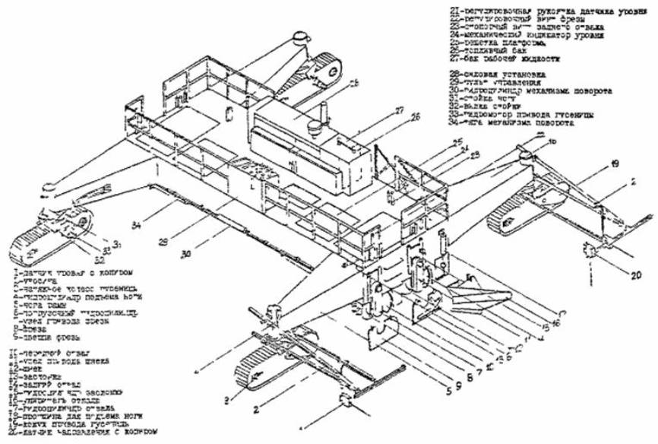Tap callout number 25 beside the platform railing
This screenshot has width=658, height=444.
457,142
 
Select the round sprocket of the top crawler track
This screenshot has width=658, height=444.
333,67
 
